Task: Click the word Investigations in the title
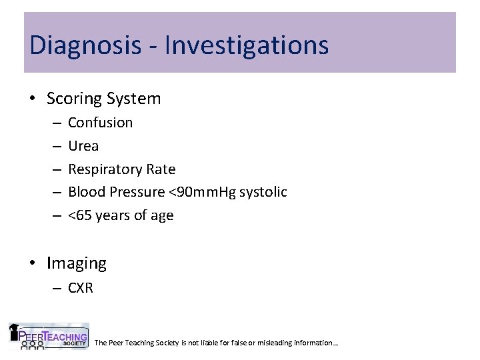click(x=246, y=45)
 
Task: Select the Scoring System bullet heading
click(x=103, y=99)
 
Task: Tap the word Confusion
click(x=100, y=123)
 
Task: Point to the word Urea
click(x=83, y=146)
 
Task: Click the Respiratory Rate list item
click(x=121, y=169)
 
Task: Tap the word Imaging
click(x=77, y=263)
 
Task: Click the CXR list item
click(x=81, y=289)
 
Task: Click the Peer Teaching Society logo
click(x=48, y=337)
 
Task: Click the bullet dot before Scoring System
click(x=33, y=99)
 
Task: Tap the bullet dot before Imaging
click(x=33, y=264)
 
